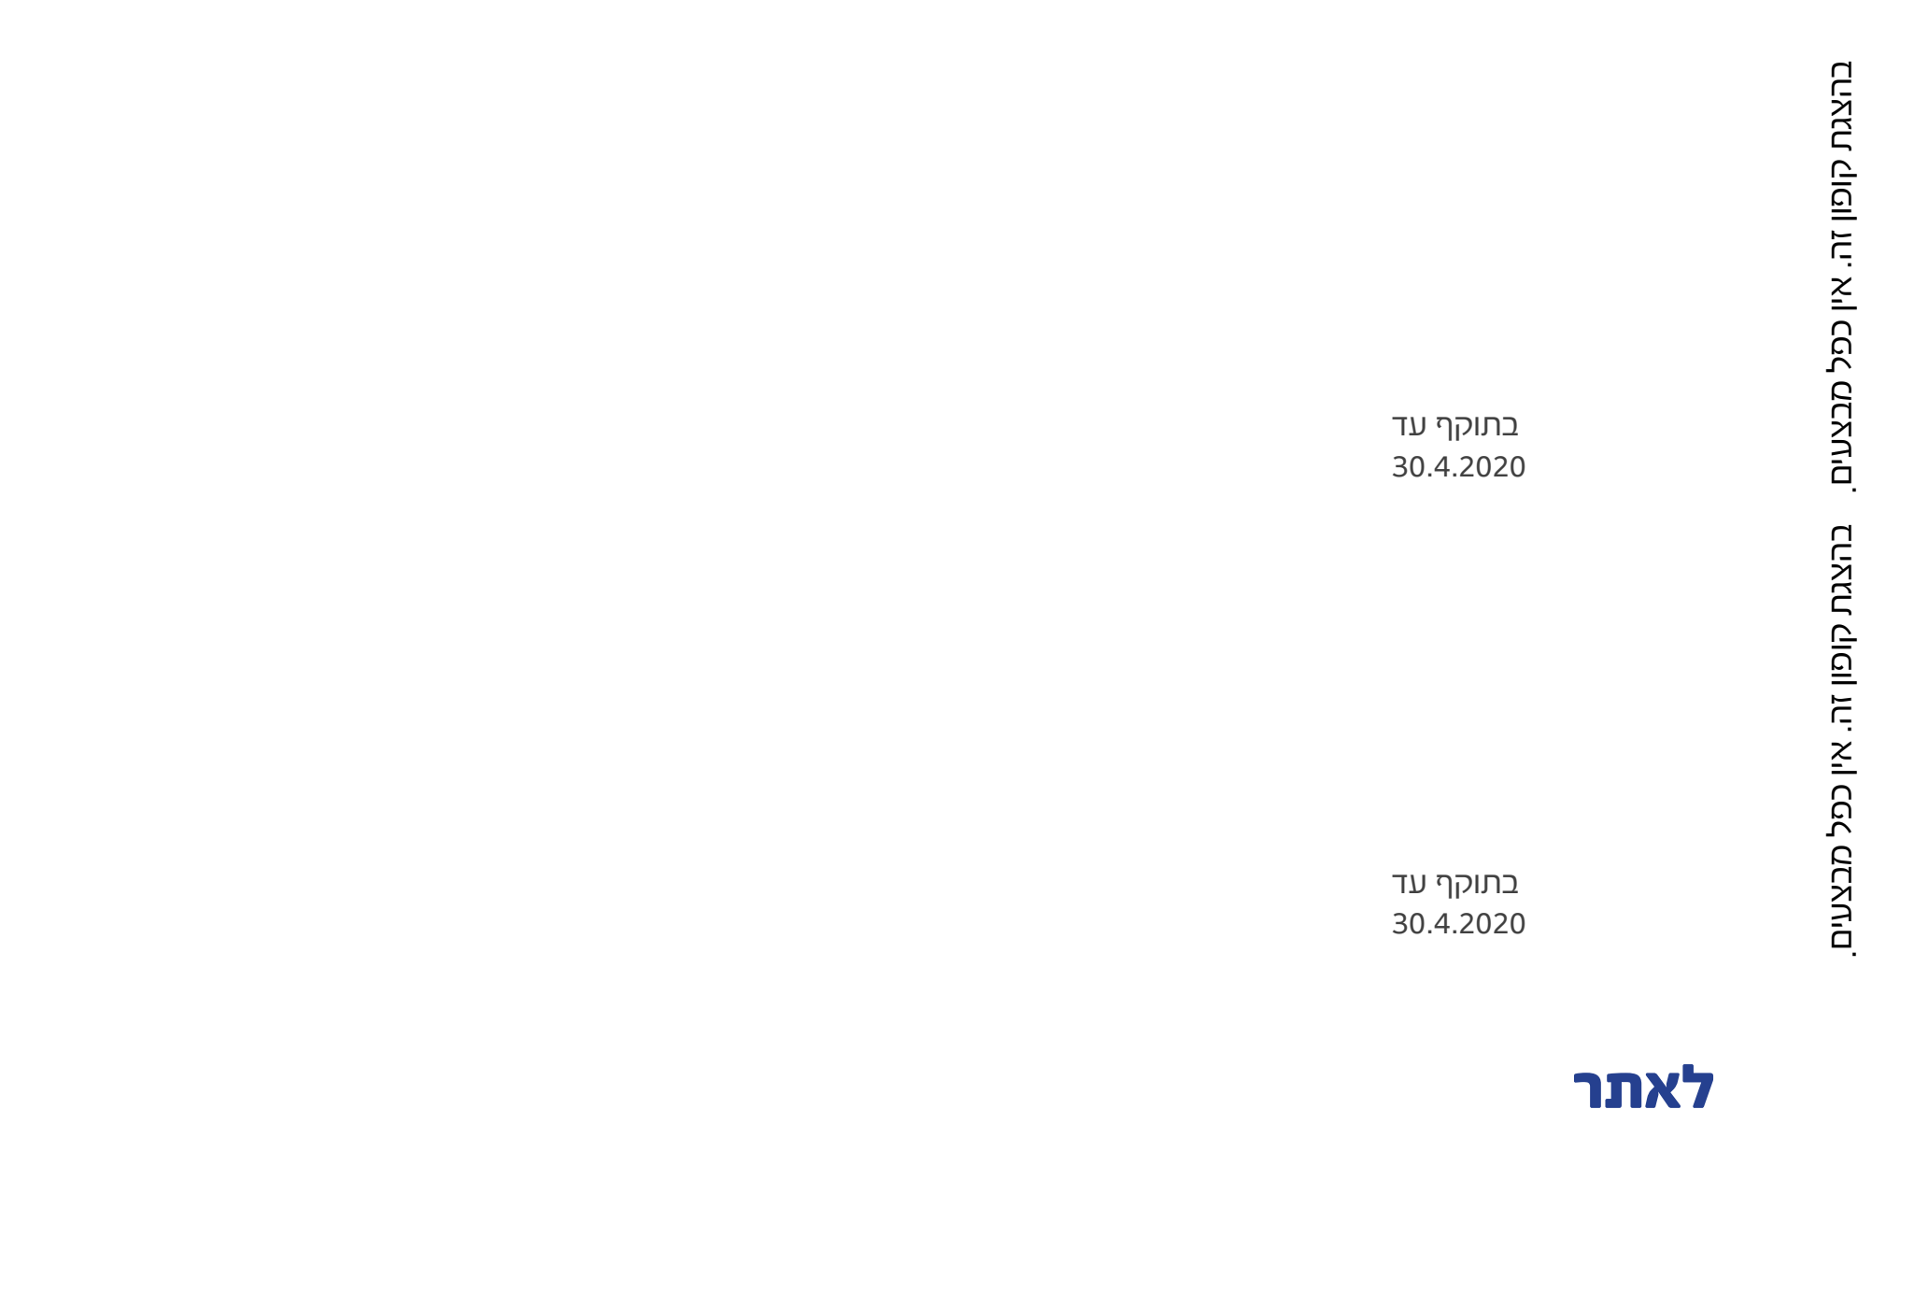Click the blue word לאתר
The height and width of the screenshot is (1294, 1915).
(x=1644, y=1089)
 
